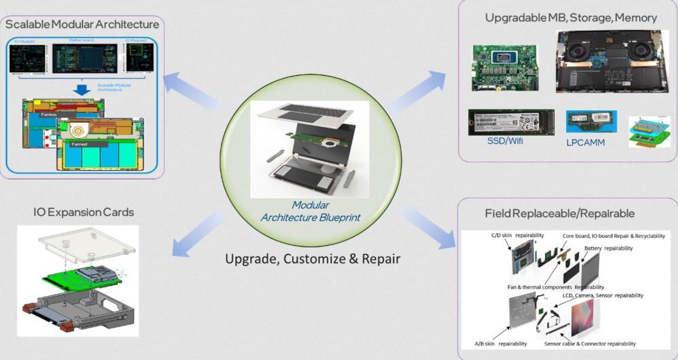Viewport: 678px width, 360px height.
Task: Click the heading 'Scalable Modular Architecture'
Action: click(x=82, y=25)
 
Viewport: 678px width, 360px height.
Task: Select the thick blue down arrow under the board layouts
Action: click(x=82, y=91)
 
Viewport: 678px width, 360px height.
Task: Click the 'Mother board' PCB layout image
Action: click(x=84, y=59)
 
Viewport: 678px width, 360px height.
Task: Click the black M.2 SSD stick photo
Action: click(x=511, y=121)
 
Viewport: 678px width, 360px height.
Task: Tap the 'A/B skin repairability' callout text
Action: click(x=500, y=344)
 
